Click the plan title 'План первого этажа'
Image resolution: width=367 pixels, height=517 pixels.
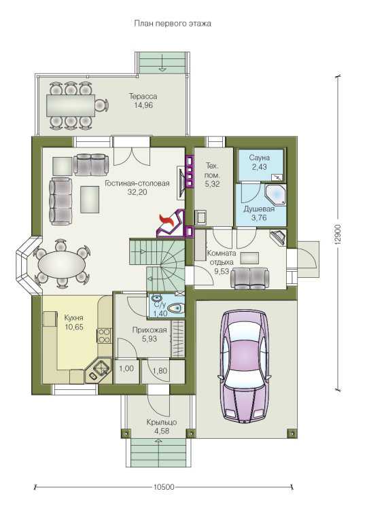pos(173,24)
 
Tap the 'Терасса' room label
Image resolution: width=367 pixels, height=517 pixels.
pos(143,96)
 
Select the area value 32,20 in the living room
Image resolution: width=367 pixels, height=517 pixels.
pos(137,192)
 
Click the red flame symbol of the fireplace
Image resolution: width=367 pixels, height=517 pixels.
pos(167,220)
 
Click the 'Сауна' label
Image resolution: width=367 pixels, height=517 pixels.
pos(259,158)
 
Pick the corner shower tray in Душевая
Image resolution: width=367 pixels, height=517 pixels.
pos(275,194)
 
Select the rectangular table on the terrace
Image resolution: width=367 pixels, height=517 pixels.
pos(71,105)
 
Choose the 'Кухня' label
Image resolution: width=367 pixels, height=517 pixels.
pos(73,318)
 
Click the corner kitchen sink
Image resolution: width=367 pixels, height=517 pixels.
pos(99,371)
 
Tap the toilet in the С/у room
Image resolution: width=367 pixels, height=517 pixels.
pos(175,308)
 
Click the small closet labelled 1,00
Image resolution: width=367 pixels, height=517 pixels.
pos(126,371)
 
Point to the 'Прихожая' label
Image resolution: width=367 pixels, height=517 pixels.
pos(150,330)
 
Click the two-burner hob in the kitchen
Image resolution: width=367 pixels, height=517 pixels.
pos(104,335)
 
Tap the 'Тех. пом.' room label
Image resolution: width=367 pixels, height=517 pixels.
pos(212,170)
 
